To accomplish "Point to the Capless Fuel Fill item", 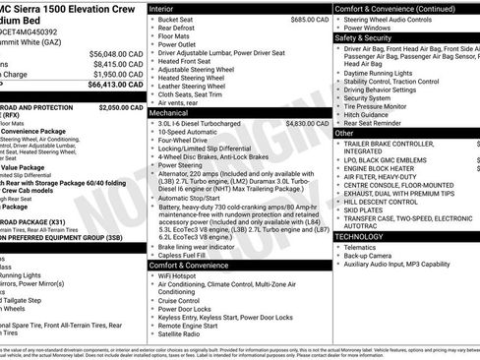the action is point(188,254).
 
